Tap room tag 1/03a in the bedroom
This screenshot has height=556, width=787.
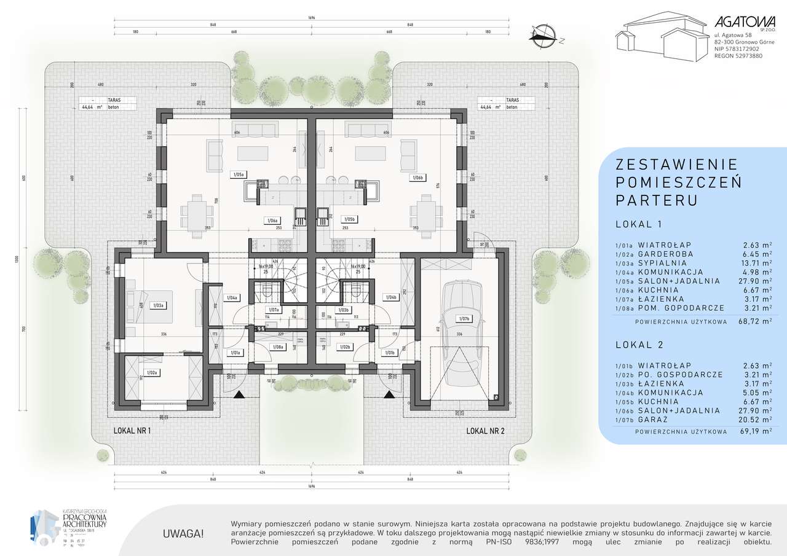(157, 305)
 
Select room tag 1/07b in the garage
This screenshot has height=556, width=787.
(464, 318)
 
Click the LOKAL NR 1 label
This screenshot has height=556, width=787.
(132, 431)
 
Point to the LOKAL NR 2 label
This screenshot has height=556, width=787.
(485, 431)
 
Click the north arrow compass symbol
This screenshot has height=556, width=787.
(544, 35)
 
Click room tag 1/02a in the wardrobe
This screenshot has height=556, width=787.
(152, 372)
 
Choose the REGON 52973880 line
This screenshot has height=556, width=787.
(738, 55)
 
